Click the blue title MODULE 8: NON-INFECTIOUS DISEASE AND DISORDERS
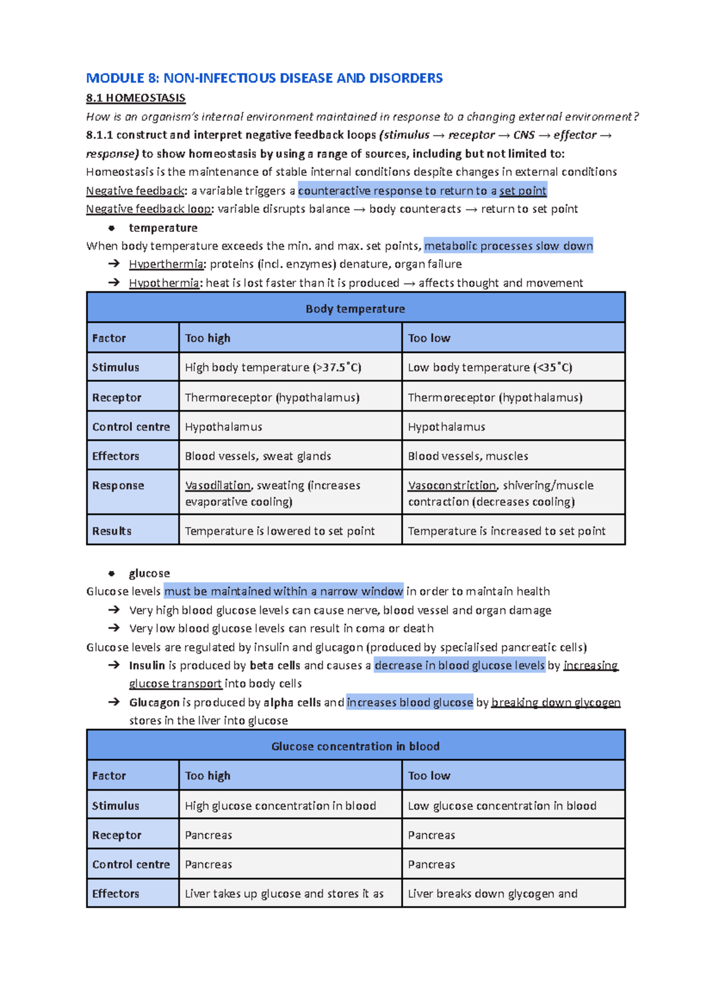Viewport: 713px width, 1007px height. (x=264, y=78)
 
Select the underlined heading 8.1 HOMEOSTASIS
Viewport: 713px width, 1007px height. (x=135, y=98)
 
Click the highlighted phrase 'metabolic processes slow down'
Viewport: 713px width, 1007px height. (x=509, y=246)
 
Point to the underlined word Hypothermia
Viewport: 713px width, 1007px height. (x=164, y=283)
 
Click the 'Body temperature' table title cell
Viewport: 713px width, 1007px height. (x=355, y=309)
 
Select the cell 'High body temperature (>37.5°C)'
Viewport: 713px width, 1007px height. (x=273, y=367)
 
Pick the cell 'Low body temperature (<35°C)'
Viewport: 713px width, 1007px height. (x=490, y=367)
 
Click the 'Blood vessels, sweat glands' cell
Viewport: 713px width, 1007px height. (x=258, y=456)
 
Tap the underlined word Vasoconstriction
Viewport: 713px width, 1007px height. (x=452, y=486)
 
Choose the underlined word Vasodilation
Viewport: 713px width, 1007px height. (x=217, y=486)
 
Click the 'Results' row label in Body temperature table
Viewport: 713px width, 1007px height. (x=112, y=531)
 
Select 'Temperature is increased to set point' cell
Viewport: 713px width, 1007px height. (x=506, y=531)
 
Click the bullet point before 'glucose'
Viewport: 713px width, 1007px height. (x=111, y=574)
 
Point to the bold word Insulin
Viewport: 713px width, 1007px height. (x=147, y=665)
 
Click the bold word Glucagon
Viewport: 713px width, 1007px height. (x=154, y=703)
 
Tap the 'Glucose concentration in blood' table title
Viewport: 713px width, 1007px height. (x=355, y=746)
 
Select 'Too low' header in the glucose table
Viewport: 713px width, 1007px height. (x=429, y=776)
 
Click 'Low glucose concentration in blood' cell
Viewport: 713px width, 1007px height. (x=502, y=806)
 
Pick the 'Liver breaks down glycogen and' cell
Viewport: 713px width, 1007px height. (x=493, y=893)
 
